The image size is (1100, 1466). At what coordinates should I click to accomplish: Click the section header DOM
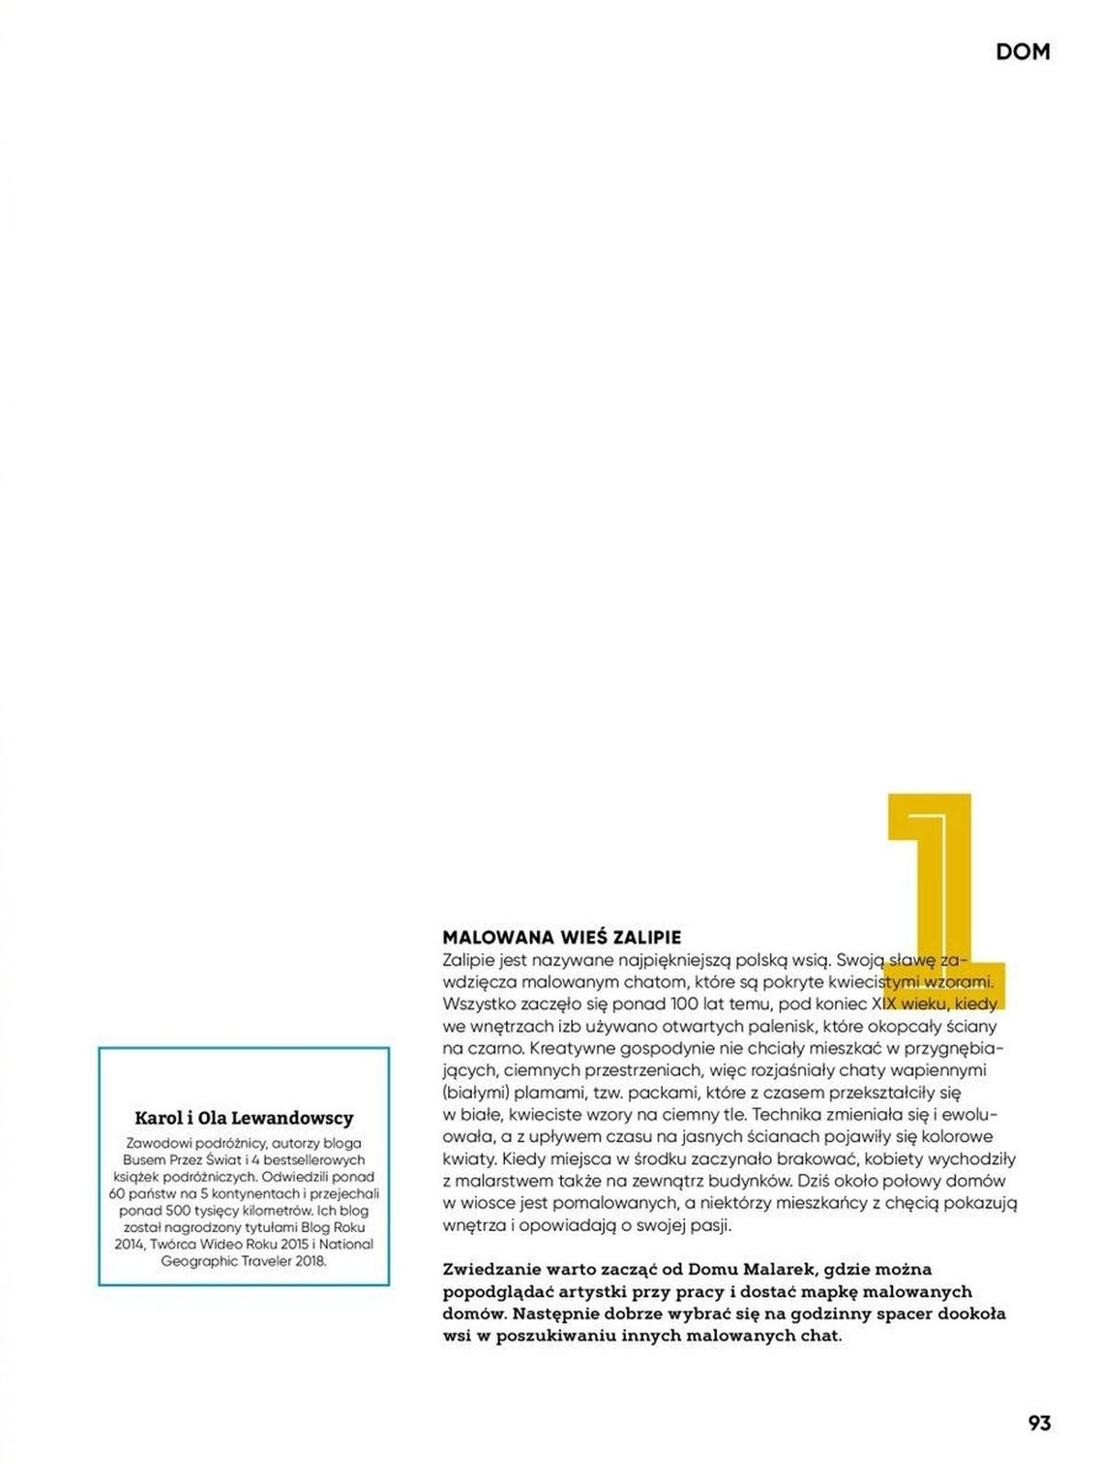point(1022,52)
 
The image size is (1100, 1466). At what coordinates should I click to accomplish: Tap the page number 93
point(1039,1422)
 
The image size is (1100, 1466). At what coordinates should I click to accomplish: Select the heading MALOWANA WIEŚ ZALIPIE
point(562,937)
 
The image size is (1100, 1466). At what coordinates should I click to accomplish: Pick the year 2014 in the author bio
point(130,1244)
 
